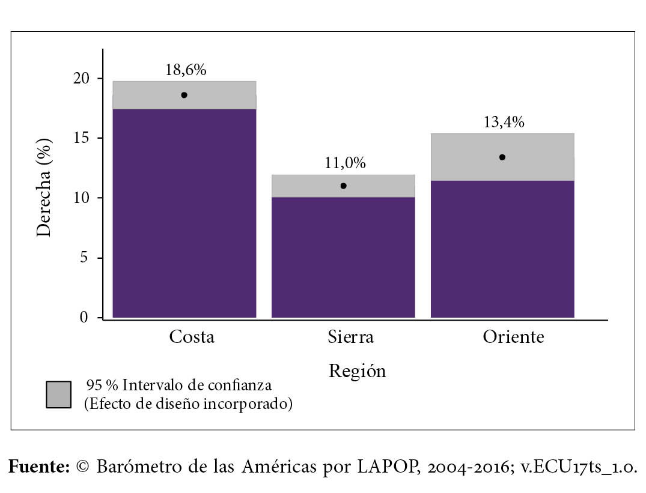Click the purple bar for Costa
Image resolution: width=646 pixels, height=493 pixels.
184,213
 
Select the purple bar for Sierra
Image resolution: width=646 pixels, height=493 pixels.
343,257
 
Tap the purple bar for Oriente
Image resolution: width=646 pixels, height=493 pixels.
502,249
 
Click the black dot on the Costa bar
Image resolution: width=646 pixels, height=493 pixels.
184,95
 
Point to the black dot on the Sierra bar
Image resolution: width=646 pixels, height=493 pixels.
343,186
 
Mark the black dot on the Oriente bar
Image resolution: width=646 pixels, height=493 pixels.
502,157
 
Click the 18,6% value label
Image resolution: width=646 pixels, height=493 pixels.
186,70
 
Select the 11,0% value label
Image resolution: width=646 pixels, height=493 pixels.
344,163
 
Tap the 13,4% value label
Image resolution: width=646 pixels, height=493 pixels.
504,122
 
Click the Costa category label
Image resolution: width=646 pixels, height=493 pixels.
192,337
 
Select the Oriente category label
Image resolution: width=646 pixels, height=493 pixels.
513,337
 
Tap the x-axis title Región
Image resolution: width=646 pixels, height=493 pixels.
357,371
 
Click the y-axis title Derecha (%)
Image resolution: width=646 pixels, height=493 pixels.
45,187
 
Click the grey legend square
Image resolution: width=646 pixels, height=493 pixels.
58,395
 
